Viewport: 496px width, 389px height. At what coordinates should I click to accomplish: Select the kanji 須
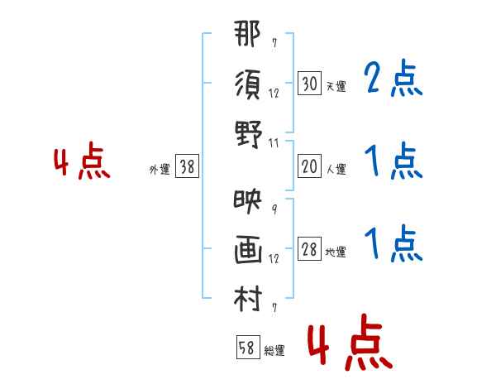click(x=248, y=84)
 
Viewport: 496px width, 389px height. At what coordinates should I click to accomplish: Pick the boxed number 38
click(x=187, y=167)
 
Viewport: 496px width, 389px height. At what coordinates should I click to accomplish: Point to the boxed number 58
click(x=246, y=348)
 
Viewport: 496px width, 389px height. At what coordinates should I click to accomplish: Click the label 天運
click(x=336, y=86)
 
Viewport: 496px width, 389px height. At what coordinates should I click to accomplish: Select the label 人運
click(x=336, y=170)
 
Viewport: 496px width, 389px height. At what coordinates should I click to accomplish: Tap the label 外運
click(x=160, y=170)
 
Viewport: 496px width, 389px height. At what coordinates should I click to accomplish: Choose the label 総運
click(x=274, y=351)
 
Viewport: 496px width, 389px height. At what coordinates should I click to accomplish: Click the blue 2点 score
click(x=393, y=79)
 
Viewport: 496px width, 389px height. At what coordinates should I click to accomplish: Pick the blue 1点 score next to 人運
click(x=393, y=162)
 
